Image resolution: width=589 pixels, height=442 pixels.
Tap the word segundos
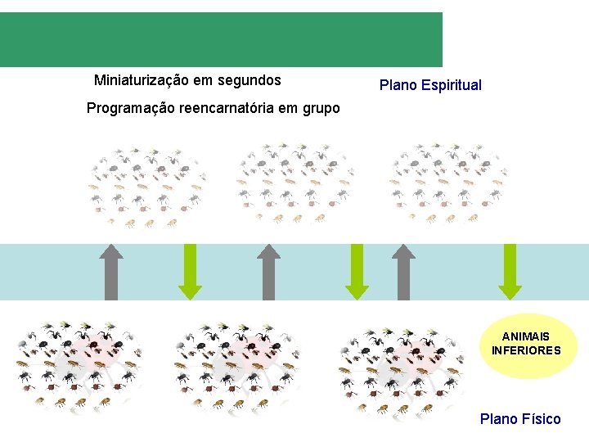point(249,80)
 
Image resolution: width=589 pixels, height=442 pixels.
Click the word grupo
point(319,108)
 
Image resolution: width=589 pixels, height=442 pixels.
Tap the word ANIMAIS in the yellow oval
point(525,336)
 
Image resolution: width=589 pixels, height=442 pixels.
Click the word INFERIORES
point(525,350)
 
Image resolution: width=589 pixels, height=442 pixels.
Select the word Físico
point(542,419)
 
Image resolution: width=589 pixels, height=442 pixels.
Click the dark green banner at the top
point(221,39)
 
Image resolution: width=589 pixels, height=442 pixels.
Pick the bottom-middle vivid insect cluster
point(237,364)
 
